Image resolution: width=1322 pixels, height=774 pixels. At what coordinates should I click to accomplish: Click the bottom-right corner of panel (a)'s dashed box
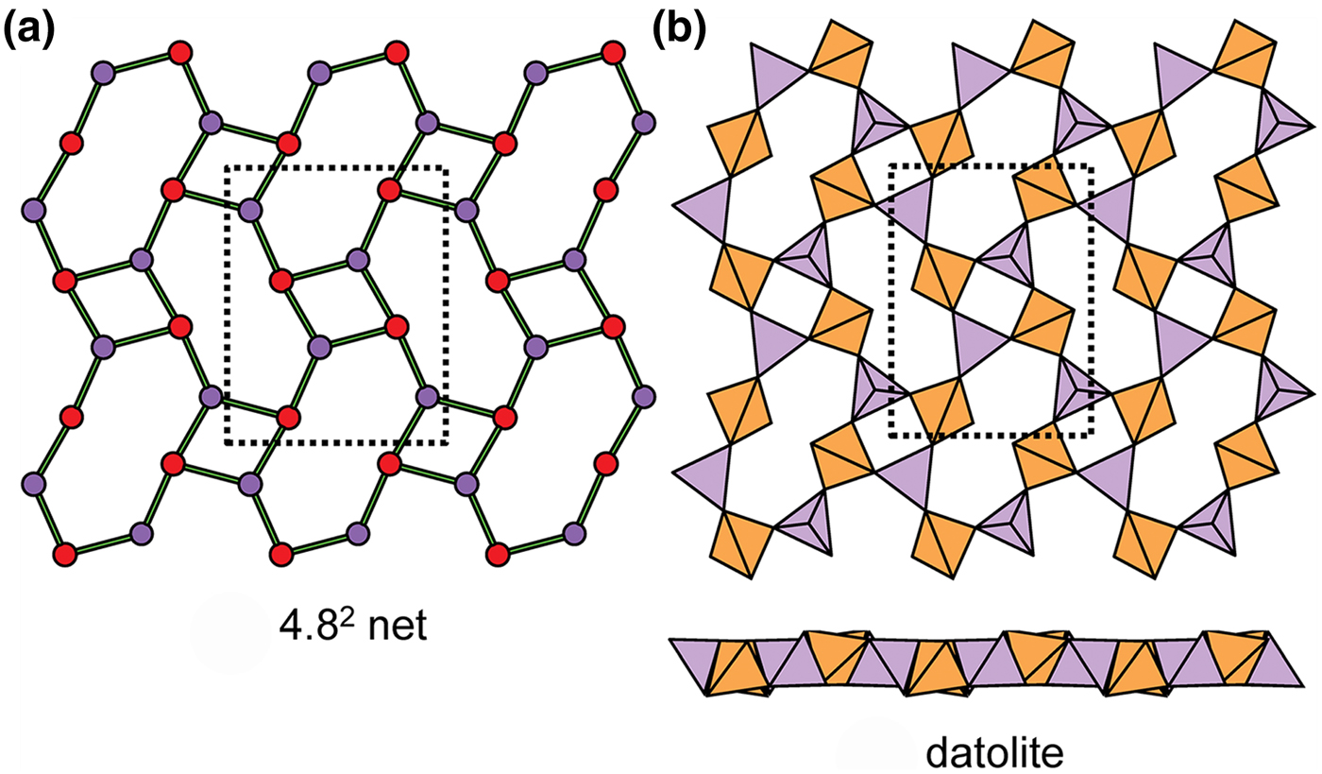tap(446, 442)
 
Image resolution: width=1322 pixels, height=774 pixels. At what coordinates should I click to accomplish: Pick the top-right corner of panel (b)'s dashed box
tap(1092, 166)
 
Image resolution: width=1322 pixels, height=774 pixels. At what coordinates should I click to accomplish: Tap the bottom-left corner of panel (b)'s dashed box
tap(892, 436)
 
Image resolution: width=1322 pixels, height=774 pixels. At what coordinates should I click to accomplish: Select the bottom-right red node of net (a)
tap(495, 552)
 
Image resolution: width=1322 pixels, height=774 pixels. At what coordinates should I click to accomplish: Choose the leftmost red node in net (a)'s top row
tap(177, 51)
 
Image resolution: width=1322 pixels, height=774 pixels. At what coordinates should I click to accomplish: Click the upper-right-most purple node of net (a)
tap(645, 122)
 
